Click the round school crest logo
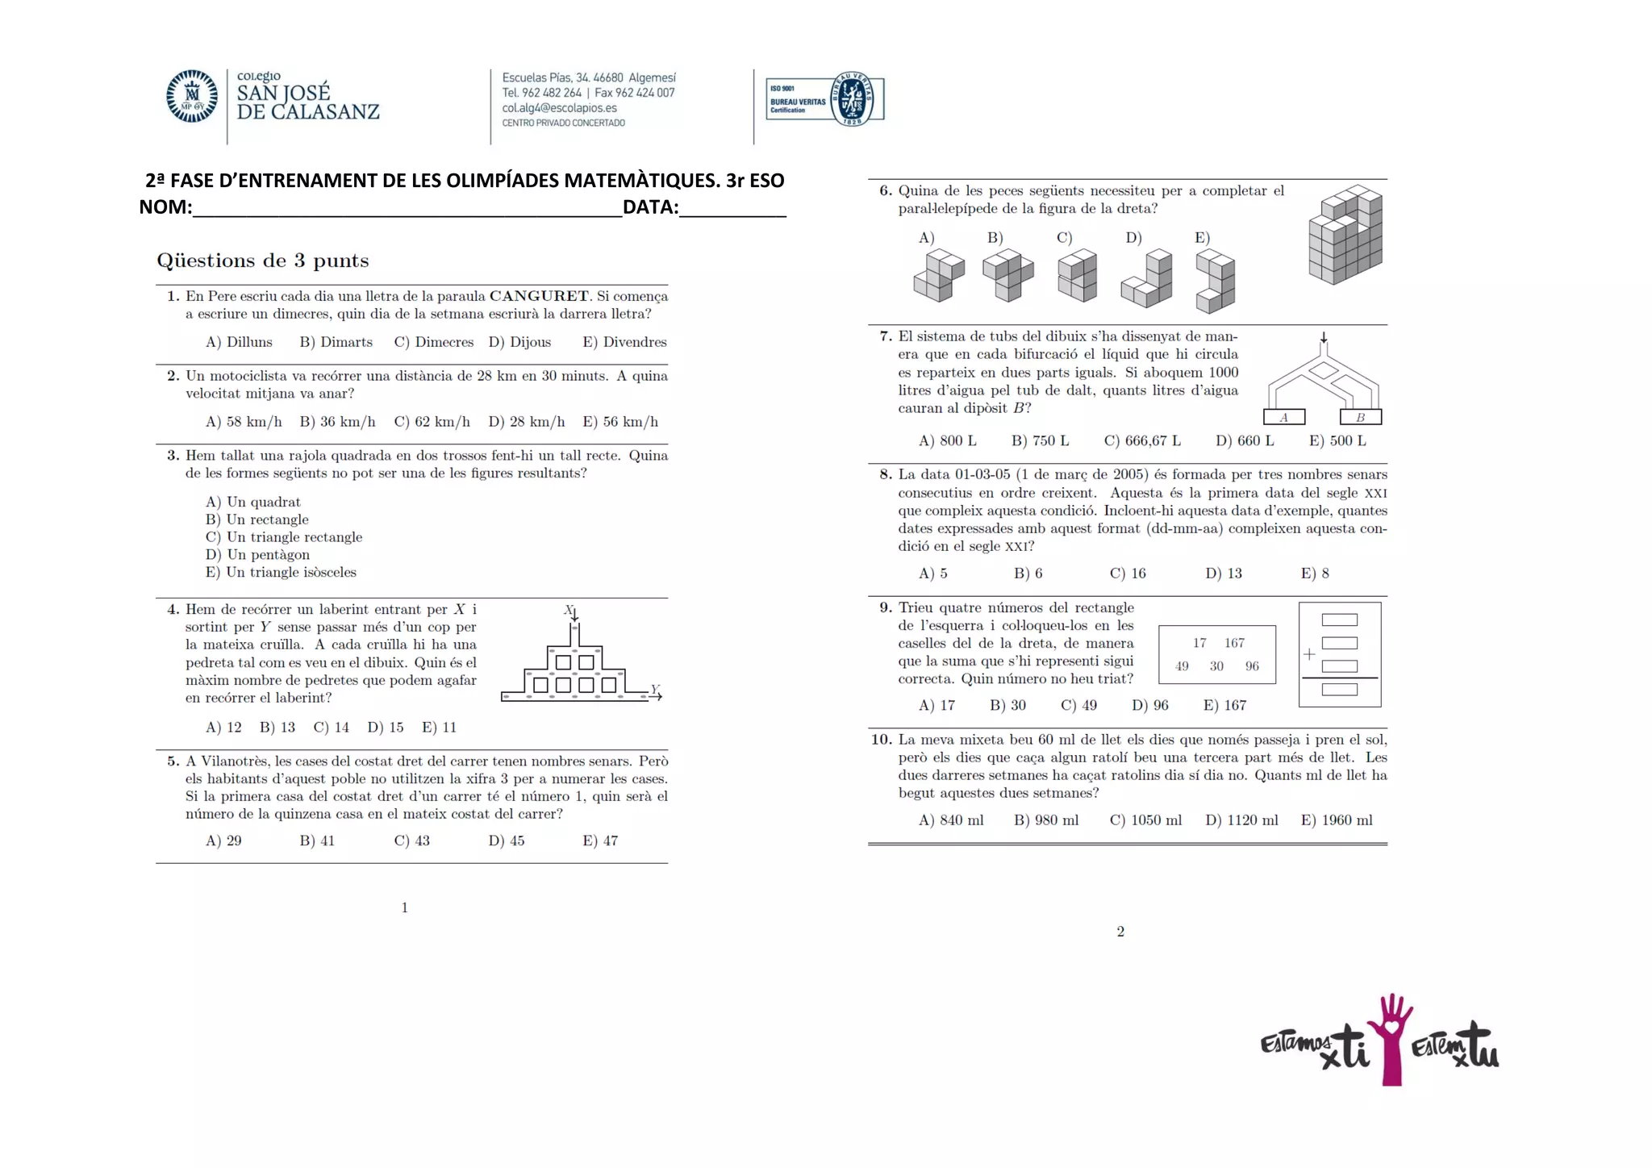192,96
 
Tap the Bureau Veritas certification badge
825,98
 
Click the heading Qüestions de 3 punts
262,261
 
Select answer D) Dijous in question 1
519,342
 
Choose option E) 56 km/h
620,422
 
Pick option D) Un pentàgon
257,554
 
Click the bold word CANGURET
539,296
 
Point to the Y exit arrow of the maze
656,694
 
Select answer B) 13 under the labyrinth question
277,727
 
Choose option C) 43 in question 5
411,841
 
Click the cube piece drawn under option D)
1147,280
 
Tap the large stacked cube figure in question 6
1345,235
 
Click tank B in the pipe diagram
1360,417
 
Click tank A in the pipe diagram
1283,417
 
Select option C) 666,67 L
1141,440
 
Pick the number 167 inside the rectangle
1234,643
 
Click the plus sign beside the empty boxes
1309,654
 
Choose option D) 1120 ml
1241,820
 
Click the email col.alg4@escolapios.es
559,108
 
